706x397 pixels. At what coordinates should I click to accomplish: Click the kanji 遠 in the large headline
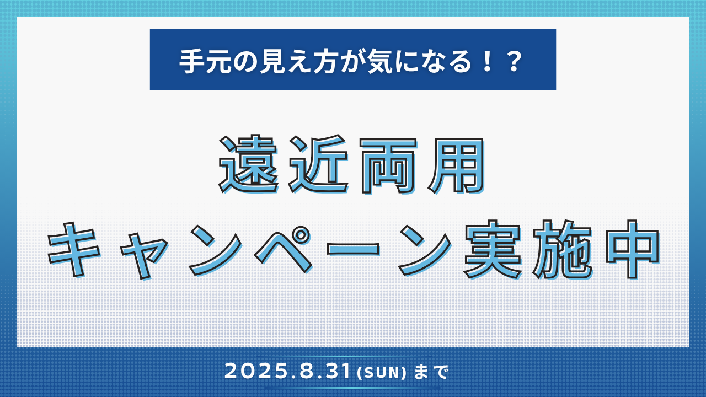[x=249, y=164]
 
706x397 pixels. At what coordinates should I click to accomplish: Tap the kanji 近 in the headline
[x=318, y=164]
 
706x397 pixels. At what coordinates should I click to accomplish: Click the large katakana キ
[x=74, y=250]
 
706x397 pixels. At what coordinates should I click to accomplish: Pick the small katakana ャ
[x=145, y=256]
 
